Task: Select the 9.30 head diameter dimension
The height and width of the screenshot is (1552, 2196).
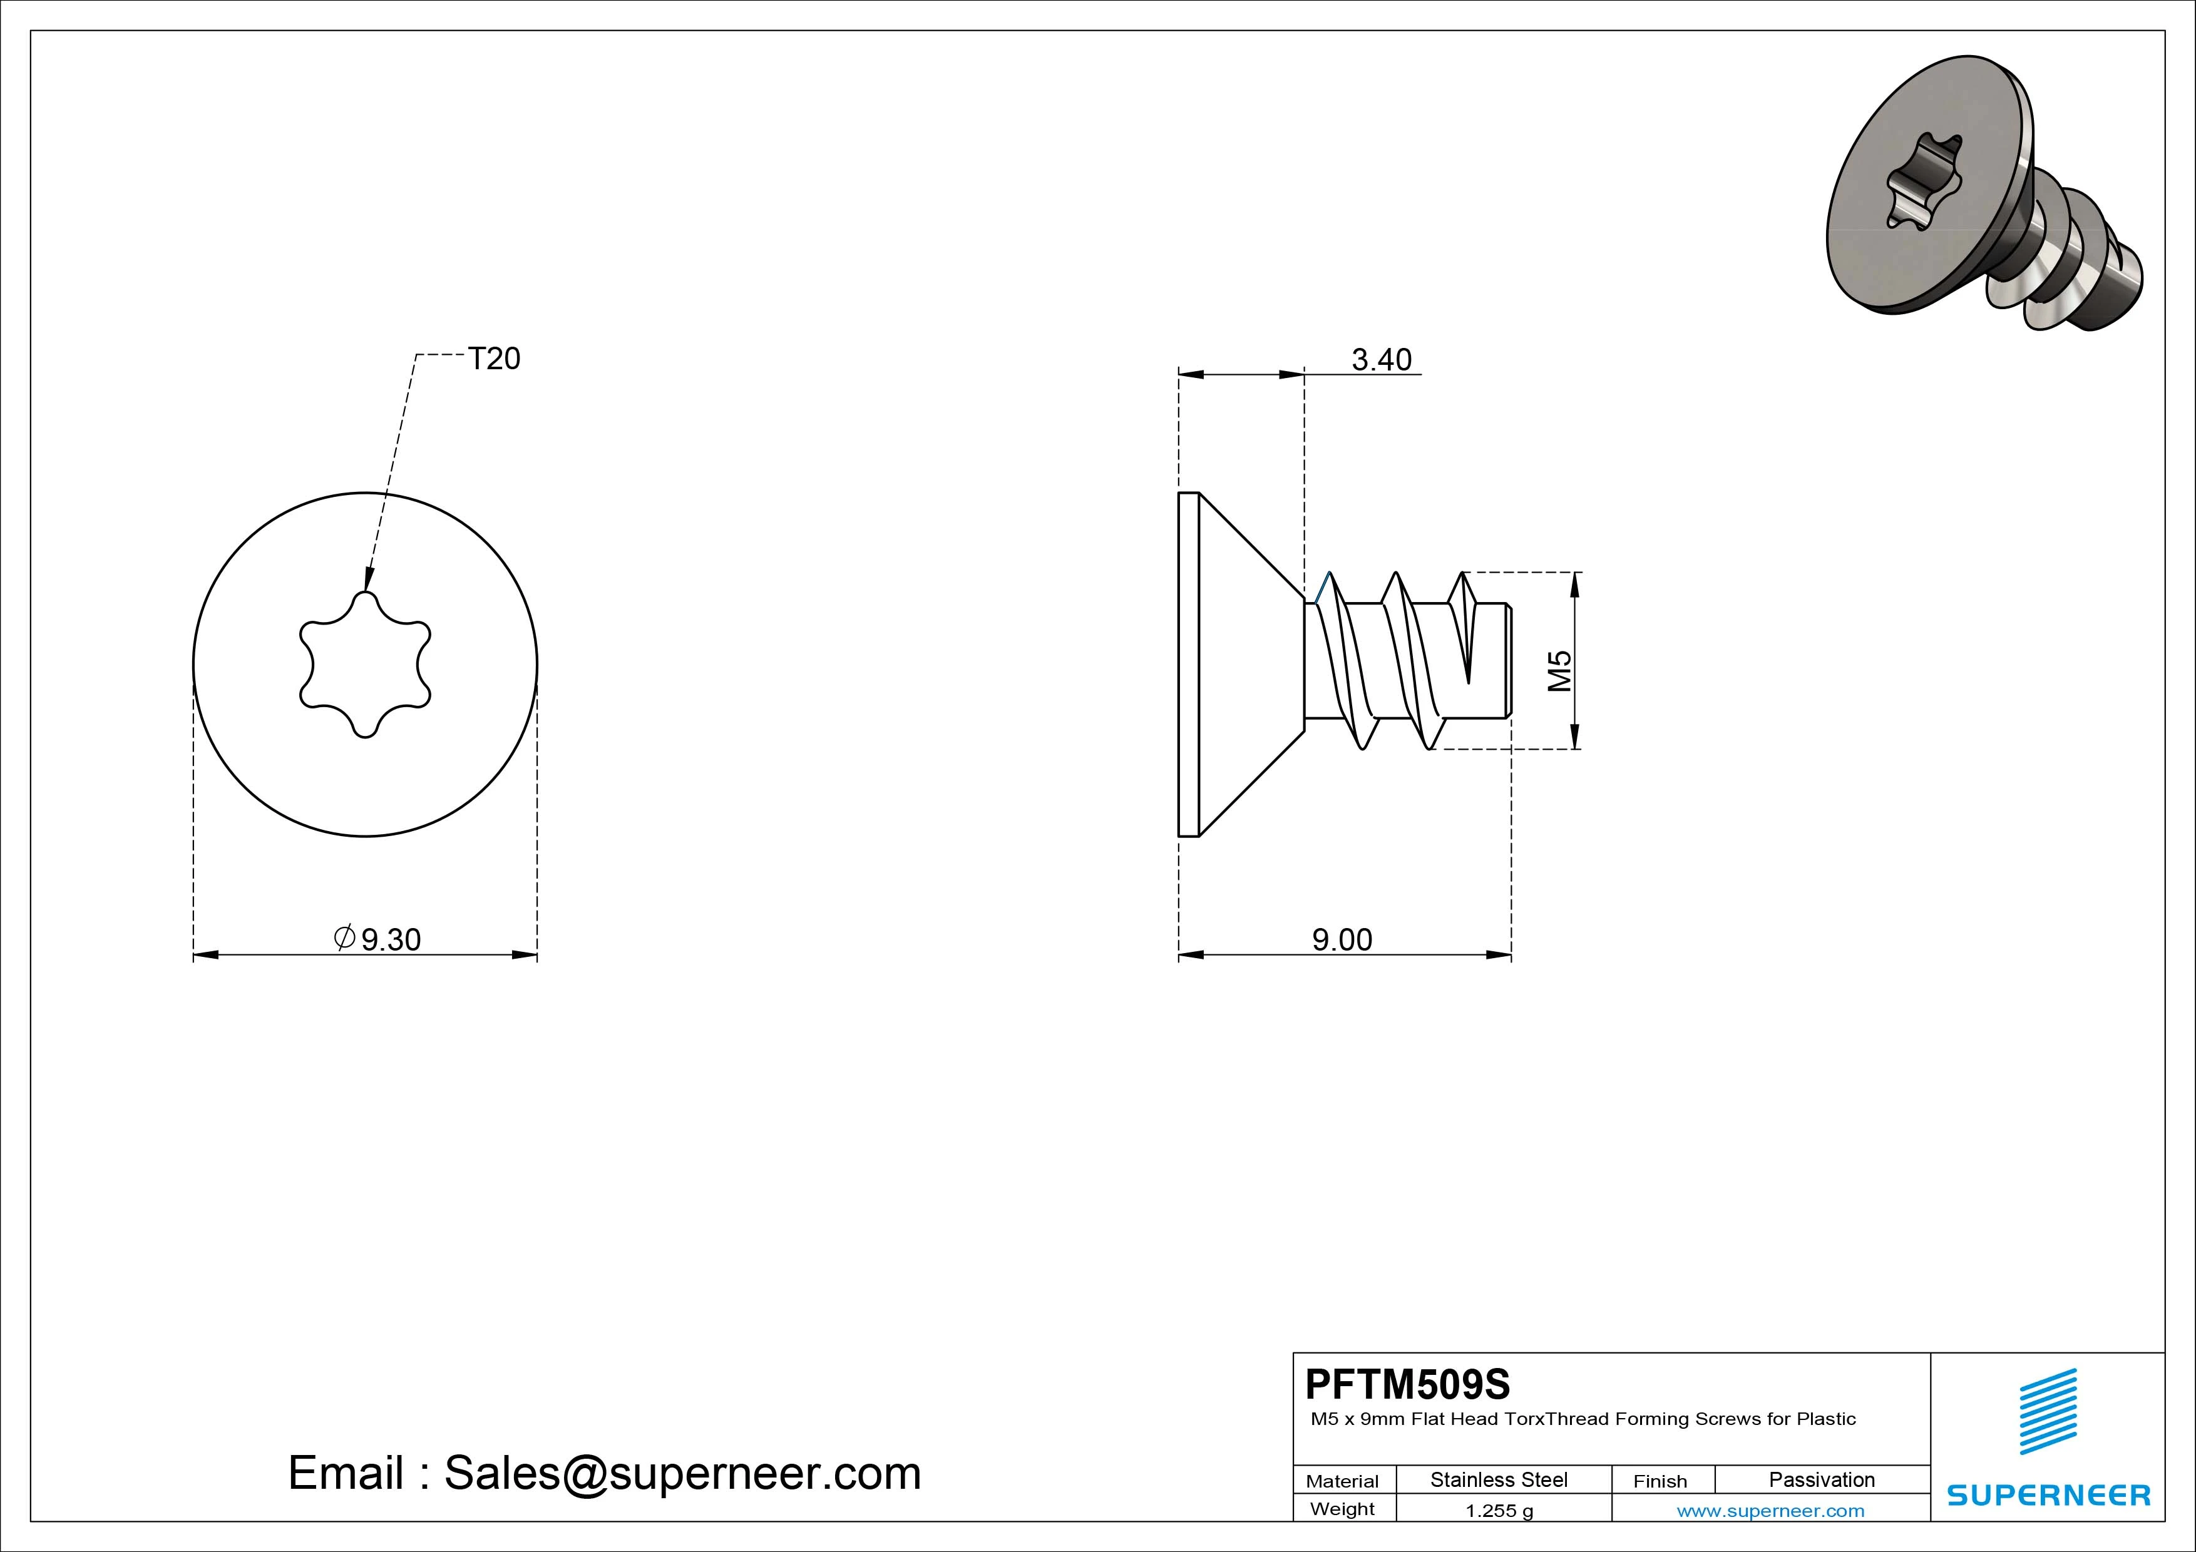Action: click(x=378, y=939)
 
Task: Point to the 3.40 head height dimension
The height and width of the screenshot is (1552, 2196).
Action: click(x=1381, y=360)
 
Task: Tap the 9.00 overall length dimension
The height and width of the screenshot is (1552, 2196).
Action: click(x=1342, y=940)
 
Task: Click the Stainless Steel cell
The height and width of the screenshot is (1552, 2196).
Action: click(x=1499, y=1479)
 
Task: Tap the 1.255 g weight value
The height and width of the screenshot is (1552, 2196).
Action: click(x=1499, y=1511)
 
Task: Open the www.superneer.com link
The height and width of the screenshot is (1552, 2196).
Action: click(x=1770, y=1511)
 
